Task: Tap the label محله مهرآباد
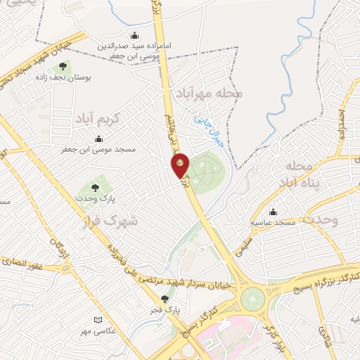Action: click(210, 92)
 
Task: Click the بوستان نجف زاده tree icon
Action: click(63, 67)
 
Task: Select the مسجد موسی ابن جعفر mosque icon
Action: click(99, 139)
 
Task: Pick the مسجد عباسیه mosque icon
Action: click(274, 212)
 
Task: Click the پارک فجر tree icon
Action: click(165, 298)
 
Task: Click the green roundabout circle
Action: click(251, 299)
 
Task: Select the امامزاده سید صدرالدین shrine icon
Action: click(135, 37)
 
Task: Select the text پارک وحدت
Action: click(96, 199)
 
